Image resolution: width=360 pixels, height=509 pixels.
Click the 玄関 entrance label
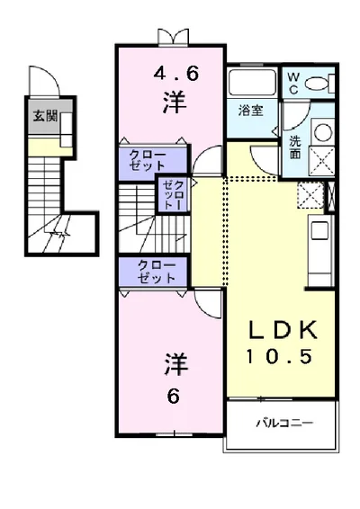point(46,115)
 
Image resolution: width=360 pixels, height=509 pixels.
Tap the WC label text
point(293,84)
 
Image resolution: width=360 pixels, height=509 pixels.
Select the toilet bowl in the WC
point(318,83)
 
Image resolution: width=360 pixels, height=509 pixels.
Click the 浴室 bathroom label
point(250,111)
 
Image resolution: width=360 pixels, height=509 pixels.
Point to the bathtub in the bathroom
point(252,83)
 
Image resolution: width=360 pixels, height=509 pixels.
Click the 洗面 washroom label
point(295,147)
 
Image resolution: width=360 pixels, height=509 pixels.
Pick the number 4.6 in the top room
point(175,75)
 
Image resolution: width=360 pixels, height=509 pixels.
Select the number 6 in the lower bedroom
point(174,396)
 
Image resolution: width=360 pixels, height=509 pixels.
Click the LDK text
point(282,330)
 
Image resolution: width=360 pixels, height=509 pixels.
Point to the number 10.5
point(279,356)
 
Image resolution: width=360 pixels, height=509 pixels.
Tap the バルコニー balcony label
point(284,423)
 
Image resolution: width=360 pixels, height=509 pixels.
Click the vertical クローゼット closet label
point(174,195)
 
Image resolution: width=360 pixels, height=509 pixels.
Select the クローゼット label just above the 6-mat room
point(156,272)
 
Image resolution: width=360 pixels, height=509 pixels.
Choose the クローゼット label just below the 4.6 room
point(148,160)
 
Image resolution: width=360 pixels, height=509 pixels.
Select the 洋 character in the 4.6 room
point(175,103)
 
